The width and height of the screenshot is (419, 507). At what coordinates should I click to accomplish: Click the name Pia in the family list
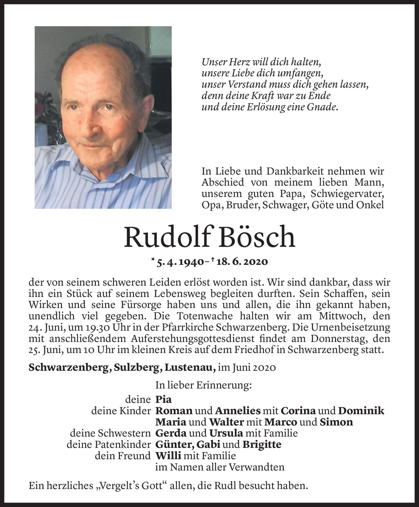[163, 400]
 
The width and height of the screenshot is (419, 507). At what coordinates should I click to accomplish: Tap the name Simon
[336, 422]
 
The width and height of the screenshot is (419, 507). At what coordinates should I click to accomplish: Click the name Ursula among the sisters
[226, 433]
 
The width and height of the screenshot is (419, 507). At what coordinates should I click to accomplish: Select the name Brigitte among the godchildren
[262, 444]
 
